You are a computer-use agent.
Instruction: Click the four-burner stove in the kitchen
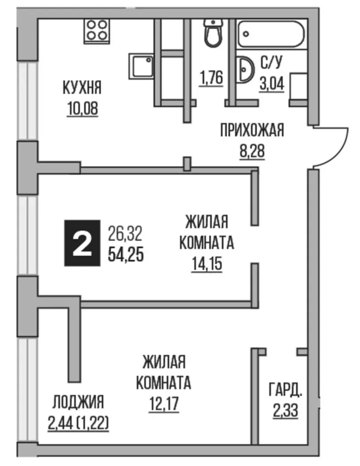97,31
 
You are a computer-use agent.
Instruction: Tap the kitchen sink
141,66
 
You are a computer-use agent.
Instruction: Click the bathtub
271,34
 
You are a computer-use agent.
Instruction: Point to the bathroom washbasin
245,69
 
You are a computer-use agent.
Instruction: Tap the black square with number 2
82,243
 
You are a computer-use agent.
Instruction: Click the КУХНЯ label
82,88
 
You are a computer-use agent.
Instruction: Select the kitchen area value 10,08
82,109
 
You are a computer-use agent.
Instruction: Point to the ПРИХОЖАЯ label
252,130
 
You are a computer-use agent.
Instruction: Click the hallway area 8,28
252,151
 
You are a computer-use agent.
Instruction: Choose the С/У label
271,63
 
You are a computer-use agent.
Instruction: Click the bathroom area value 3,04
272,84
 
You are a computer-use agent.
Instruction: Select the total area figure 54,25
126,255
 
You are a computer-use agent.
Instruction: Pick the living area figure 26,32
125,234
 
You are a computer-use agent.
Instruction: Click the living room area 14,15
207,264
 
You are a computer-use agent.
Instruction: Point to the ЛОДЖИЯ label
78,403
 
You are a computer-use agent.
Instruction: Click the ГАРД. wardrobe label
286,390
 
